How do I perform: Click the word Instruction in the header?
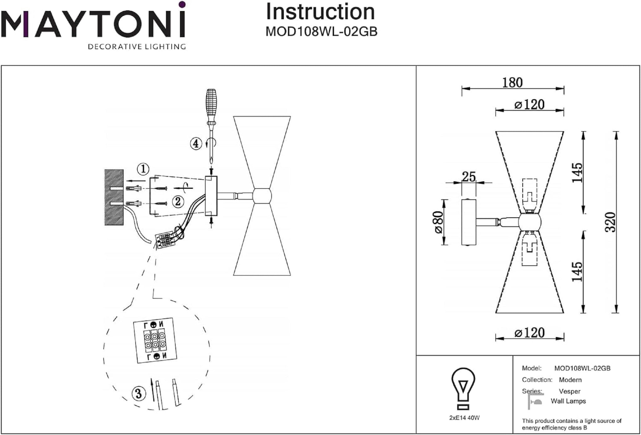[x=320, y=12]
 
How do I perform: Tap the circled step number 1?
[x=143, y=169]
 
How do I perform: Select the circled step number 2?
[x=177, y=202]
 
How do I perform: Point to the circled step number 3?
[x=139, y=393]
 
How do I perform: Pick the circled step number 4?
[x=196, y=144]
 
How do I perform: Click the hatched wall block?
[x=114, y=197]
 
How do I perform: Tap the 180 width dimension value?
[x=512, y=83]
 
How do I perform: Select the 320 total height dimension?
[x=610, y=222]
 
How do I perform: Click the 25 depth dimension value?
[x=469, y=177]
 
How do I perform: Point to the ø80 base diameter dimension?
[x=438, y=222]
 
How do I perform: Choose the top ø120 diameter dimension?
[x=529, y=105]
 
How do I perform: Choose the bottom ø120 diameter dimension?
[x=529, y=333]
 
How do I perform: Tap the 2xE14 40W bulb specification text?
[x=464, y=418]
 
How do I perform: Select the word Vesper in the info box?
[x=570, y=391]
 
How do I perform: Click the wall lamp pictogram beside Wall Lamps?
[x=535, y=401]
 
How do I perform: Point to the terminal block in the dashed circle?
[x=155, y=341]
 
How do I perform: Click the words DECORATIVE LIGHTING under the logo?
[x=137, y=47]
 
